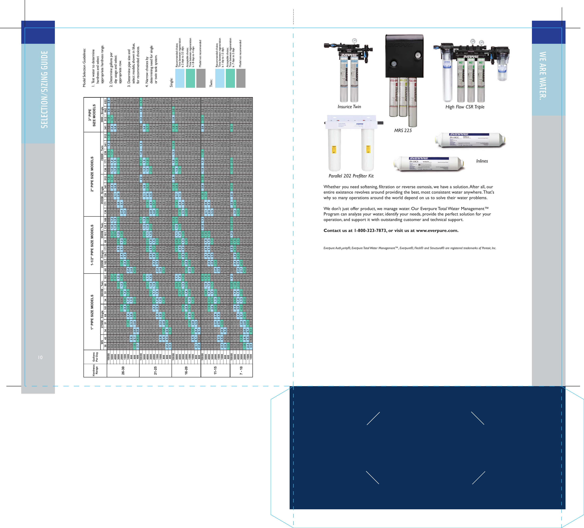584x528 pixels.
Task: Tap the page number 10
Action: (x=40, y=357)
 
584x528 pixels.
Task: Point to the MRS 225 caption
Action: (x=403, y=131)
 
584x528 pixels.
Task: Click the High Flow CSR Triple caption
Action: (x=465, y=107)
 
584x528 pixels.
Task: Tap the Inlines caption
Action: (x=482, y=161)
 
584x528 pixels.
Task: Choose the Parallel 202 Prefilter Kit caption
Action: (x=351, y=176)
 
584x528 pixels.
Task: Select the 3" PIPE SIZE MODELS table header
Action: (x=92, y=115)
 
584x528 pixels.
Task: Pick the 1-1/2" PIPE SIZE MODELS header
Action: (x=92, y=245)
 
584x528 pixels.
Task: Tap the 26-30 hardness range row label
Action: (x=123, y=371)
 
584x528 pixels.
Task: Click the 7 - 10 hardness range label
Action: (x=241, y=371)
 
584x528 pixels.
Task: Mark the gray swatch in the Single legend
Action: (x=201, y=78)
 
